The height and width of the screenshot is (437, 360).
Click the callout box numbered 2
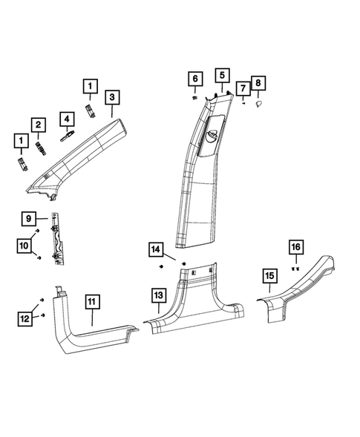coord(37,125)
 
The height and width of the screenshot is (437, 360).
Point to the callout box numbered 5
coord(222,75)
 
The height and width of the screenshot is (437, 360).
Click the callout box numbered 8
coord(258,84)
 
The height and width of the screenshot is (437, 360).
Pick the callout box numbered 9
coord(27,219)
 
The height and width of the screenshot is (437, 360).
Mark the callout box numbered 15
coord(269,277)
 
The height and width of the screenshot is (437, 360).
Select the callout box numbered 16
coord(295,247)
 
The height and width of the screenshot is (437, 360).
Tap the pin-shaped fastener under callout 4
coord(65,136)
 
